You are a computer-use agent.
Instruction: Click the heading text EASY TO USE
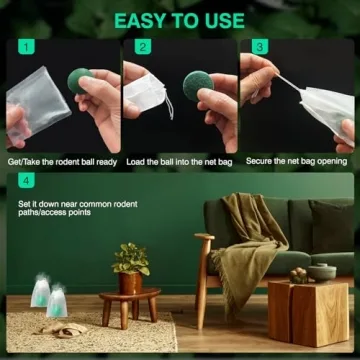click(181, 20)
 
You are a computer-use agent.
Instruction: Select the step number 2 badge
click(143, 47)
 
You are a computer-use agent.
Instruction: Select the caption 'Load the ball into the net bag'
click(178, 160)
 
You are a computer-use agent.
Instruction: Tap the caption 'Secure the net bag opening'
click(295, 160)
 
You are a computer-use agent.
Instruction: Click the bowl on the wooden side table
click(321, 271)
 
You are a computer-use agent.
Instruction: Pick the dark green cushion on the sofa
click(330, 225)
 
